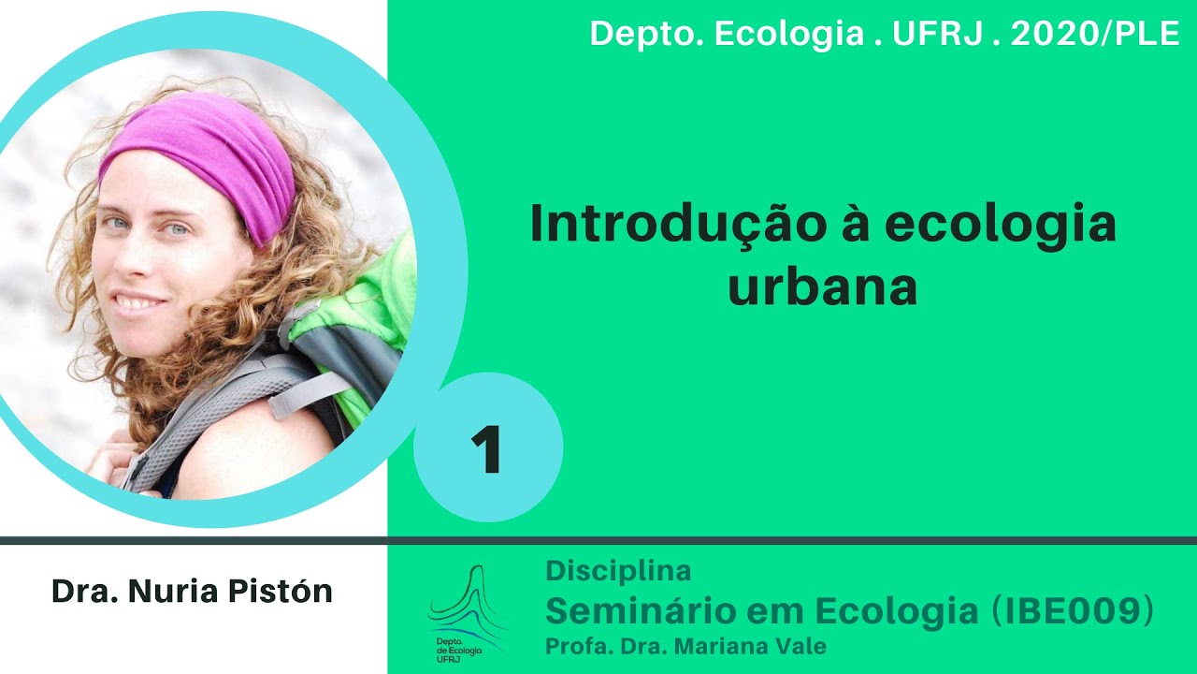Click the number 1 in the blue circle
pyautogui.click(x=487, y=449)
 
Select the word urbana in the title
pyautogui.click(x=823, y=287)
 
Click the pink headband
pyautogui.click(x=206, y=159)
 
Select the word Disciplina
pyautogui.click(x=618, y=570)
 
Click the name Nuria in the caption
pyautogui.click(x=178, y=592)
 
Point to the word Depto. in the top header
pyautogui.click(x=645, y=34)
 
